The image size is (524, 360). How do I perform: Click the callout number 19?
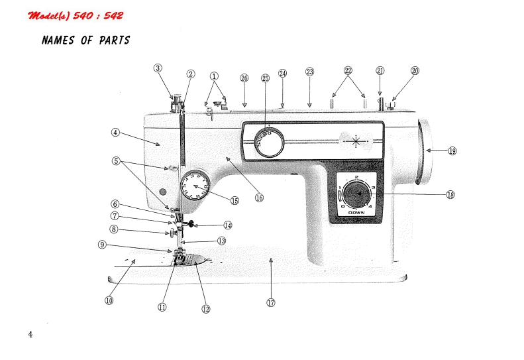(x=452, y=150)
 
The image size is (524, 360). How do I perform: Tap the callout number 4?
(x=115, y=132)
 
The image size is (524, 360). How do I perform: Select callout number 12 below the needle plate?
(x=206, y=308)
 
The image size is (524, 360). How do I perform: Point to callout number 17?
(x=270, y=302)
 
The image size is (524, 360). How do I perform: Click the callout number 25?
(x=266, y=77)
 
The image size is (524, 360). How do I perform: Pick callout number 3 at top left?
(x=158, y=68)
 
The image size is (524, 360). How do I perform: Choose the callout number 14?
(x=228, y=225)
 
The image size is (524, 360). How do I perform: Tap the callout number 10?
(x=109, y=300)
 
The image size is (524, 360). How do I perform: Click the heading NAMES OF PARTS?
(x=85, y=40)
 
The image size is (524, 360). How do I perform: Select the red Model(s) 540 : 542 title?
(x=76, y=15)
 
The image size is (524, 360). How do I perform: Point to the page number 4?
(x=30, y=333)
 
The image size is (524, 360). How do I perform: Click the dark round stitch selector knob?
(x=358, y=193)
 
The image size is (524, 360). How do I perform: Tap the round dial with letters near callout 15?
(x=195, y=184)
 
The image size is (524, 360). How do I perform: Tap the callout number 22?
(x=348, y=70)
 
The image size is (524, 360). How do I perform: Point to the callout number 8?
(x=115, y=229)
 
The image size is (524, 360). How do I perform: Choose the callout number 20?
(x=415, y=70)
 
